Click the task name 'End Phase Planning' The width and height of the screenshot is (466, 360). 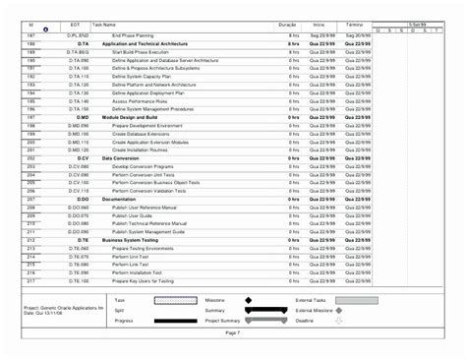point(132,34)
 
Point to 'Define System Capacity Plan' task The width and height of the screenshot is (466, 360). point(144,76)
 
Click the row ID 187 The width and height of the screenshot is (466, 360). point(31,34)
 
